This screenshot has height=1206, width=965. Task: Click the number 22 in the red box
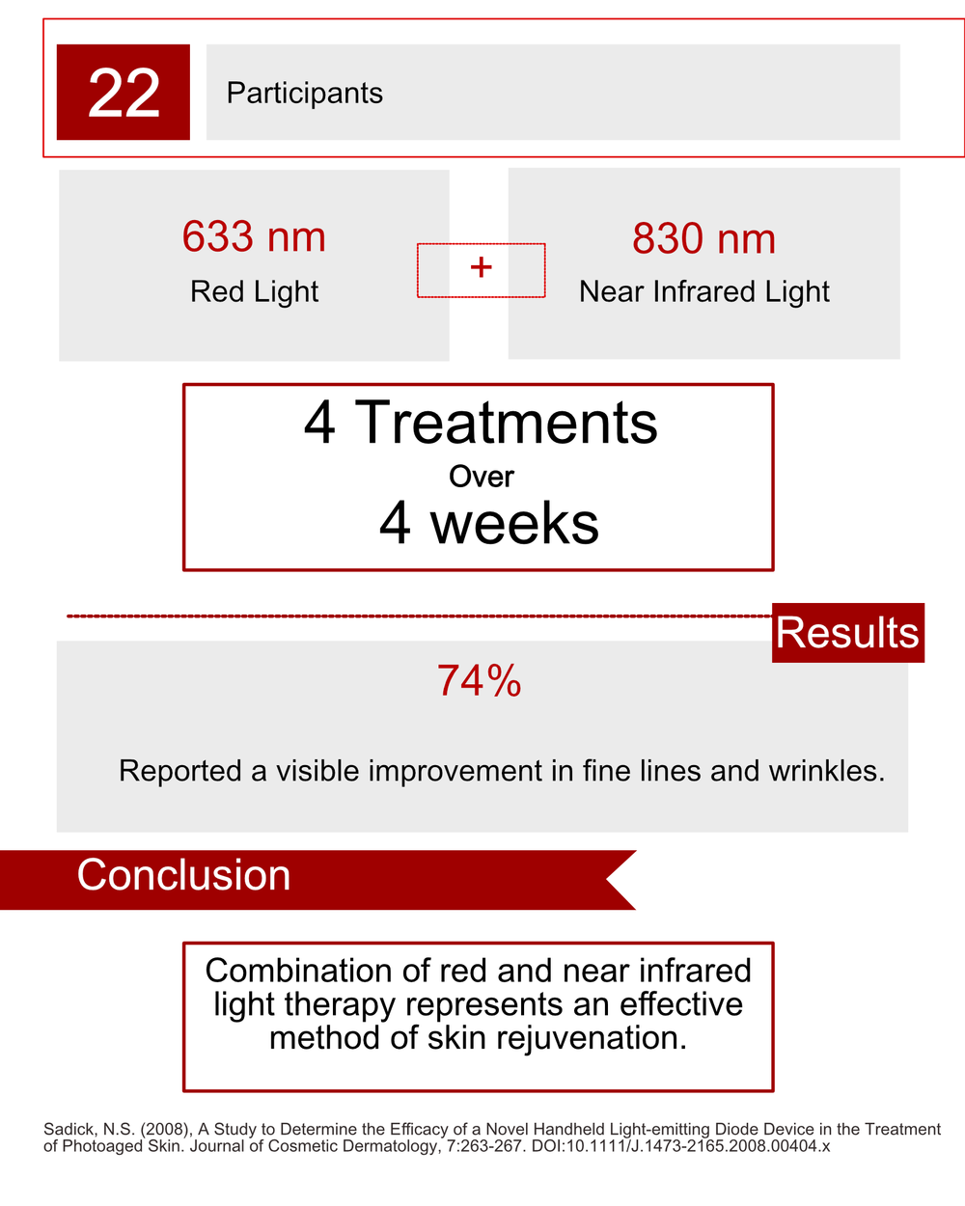click(x=124, y=93)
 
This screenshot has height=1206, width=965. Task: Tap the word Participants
click(x=304, y=93)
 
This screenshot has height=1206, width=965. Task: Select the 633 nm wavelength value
click(x=254, y=236)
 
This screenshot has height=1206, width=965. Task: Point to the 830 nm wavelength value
click(x=703, y=238)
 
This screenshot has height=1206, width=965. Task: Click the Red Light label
click(x=254, y=291)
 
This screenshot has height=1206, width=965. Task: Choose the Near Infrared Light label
click(x=703, y=291)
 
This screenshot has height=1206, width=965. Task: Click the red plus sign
click(x=481, y=267)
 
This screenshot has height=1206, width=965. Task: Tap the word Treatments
click(x=507, y=423)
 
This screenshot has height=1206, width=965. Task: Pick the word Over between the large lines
click(x=481, y=477)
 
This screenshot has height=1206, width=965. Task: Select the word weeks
click(x=514, y=523)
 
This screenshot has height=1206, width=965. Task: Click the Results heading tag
click(x=847, y=633)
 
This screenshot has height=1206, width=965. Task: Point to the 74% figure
click(x=479, y=681)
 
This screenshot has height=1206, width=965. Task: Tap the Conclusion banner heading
click(x=183, y=875)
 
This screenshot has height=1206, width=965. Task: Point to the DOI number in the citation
click(x=680, y=1147)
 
